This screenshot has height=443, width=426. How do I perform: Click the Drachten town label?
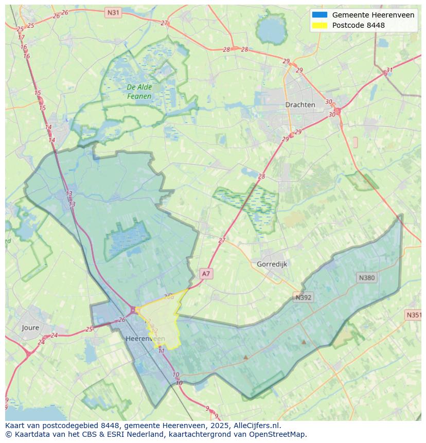[300, 104]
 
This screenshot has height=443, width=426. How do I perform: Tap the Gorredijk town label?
[272, 264]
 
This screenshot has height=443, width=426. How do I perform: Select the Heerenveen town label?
[145, 338]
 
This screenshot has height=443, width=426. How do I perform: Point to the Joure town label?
[30, 327]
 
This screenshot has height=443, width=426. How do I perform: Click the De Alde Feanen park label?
[139, 92]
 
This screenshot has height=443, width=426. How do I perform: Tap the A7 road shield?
[206, 274]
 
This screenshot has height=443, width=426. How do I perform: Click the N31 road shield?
[113, 11]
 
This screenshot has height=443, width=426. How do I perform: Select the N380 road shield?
[366, 277]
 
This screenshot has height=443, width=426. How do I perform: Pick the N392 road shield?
[304, 297]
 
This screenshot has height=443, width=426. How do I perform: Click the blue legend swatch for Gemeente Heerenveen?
[319, 15]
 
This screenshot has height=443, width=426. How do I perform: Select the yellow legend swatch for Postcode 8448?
[319, 25]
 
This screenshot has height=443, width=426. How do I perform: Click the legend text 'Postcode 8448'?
[358, 25]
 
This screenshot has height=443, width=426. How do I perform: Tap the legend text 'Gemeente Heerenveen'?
[373, 15]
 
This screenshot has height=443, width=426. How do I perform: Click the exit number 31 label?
[389, 70]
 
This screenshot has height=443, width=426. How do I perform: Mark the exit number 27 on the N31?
[164, 23]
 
